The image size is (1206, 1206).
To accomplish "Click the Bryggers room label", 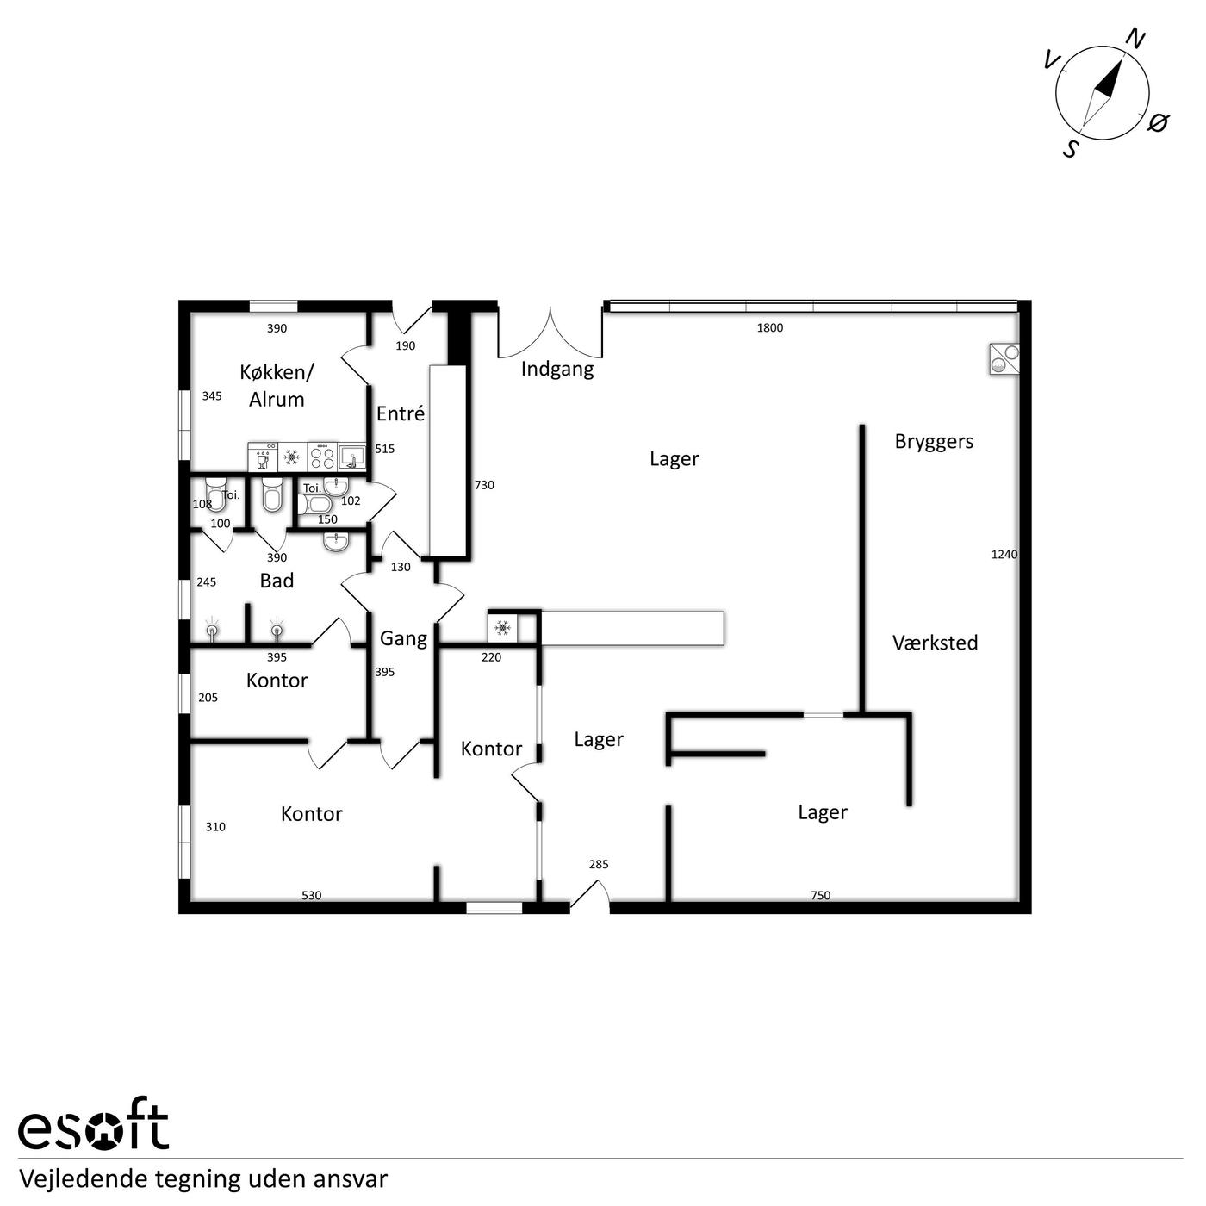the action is pos(934,442).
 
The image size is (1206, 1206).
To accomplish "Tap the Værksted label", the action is pos(935,643).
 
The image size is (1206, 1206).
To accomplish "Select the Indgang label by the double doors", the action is pos(557,369).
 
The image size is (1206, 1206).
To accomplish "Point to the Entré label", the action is pos(401,413).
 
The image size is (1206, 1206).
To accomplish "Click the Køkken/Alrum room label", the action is pos(277,386).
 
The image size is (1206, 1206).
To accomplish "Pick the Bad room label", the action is pos(277,581).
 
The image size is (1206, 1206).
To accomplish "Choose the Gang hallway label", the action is pos(404,639).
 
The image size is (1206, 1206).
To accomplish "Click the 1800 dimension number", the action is pos(770,328).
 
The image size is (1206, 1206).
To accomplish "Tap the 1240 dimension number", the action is pos(1004,555).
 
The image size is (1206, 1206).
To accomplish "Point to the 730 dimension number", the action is pos(484,485).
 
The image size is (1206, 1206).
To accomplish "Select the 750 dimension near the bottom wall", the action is pos(820,896).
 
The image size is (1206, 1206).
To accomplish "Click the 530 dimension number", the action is pos(312,896).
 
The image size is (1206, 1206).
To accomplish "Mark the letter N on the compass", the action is pos(1135,40).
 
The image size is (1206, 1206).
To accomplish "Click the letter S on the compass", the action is pos(1071,149).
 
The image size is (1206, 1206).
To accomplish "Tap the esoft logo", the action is pos(94,1133).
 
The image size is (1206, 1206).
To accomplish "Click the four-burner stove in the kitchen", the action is pos(323,457).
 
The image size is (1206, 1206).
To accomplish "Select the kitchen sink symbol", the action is pos(352,457).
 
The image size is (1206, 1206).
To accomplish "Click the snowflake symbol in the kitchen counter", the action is pos(291,457).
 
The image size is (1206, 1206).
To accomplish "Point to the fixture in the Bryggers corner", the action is pos(1004,359).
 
